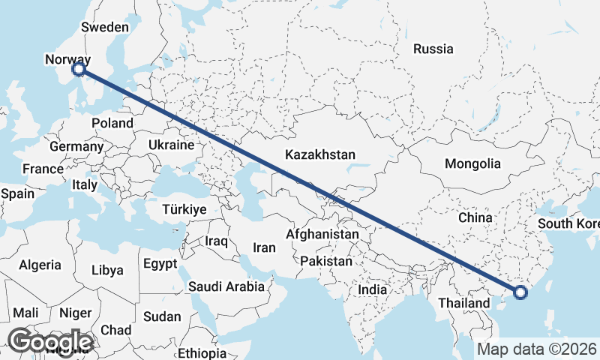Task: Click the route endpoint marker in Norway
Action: coord(79,70)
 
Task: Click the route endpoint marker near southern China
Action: coord(520,291)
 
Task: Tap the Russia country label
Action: coord(433,49)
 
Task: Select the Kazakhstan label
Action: coord(319,154)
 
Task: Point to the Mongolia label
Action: coord(472,163)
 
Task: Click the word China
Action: coord(475,217)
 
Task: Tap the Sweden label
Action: coord(105,27)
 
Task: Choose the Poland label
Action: coord(112,123)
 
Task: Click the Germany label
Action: coord(76,146)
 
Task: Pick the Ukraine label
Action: coord(171,145)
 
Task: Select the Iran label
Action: coord(264,247)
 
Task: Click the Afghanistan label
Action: coord(322,235)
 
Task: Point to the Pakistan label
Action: coord(325,262)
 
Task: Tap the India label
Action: coord(372,289)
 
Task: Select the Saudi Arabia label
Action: coord(226,286)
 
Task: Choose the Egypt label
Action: coord(160,264)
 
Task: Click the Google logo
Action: coord(50,341)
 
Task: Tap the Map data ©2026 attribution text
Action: coord(537,349)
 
